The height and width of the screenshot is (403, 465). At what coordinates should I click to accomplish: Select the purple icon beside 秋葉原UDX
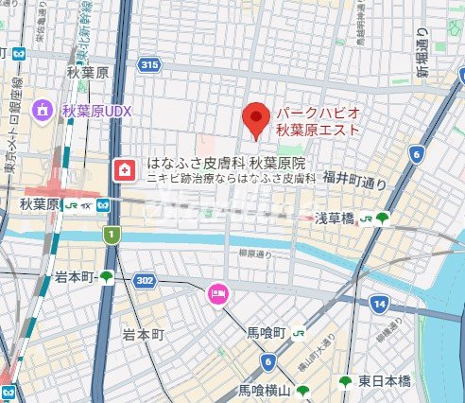pos(43,112)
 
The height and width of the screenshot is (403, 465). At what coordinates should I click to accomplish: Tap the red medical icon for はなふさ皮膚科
pos(123,170)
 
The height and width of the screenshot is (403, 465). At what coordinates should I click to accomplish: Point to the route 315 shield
pos(147,65)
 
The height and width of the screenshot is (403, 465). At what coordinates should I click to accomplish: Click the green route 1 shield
pos(112,234)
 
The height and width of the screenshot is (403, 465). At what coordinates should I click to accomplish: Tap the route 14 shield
pos(379,304)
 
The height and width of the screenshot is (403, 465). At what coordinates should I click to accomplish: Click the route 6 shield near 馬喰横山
pos(268,360)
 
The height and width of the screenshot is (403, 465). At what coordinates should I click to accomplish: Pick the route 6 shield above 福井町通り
pos(415,154)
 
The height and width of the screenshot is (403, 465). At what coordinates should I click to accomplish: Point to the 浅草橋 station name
pos(335,218)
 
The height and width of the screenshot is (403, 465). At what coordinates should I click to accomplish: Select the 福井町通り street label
pos(354,177)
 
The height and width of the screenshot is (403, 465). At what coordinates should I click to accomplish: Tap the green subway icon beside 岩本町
pos(107,276)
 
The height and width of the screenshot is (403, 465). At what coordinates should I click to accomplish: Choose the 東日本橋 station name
pos(384,380)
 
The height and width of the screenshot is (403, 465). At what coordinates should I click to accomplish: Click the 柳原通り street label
pos(255,254)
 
